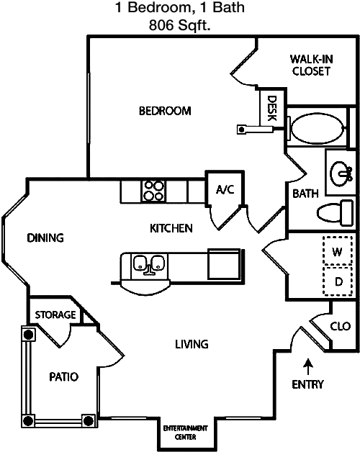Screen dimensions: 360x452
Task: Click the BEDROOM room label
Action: tap(165, 111)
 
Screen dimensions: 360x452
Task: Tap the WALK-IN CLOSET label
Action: tap(311, 65)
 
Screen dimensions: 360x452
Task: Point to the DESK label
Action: tap(271, 108)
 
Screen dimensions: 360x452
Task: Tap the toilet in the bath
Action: tap(336, 213)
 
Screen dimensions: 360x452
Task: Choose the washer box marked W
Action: tap(338, 250)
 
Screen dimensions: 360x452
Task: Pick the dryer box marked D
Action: tap(338, 281)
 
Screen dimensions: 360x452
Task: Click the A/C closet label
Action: tap(225, 189)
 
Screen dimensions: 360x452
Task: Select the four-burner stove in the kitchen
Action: tap(153, 191)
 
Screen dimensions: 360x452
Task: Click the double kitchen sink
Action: tap(149, 263)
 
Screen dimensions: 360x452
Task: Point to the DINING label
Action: tap(45, 238)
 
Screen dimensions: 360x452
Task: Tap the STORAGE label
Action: tap(55, 315)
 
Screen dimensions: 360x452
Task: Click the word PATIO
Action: tap(64, 376)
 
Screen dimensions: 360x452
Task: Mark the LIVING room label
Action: tap(192, 344)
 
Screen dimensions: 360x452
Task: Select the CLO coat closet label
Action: tap(341, 326)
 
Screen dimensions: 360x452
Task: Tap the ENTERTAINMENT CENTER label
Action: tap(186, 433)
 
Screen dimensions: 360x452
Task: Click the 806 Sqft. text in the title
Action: tap(180, 25)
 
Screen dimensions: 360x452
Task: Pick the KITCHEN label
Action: tap(171, 228)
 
